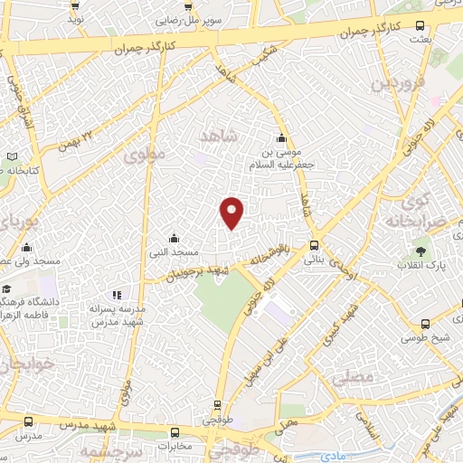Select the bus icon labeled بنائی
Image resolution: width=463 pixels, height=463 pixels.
(314, 244)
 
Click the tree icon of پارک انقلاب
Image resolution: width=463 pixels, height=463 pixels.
(420, 250)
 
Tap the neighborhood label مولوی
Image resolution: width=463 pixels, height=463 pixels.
(147, 155)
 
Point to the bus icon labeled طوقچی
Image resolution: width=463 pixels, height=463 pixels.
(216, 407)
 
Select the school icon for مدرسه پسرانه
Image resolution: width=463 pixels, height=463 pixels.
(116, 294)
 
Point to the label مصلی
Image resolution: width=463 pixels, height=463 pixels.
(354, 375)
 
